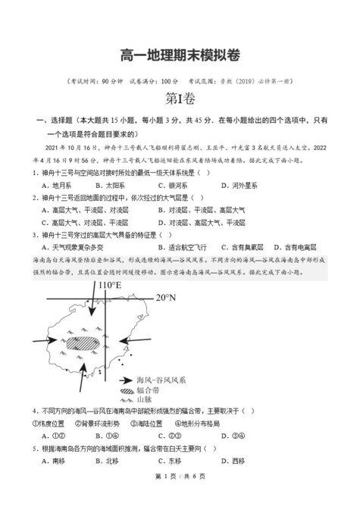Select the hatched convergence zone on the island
point(83,342)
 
